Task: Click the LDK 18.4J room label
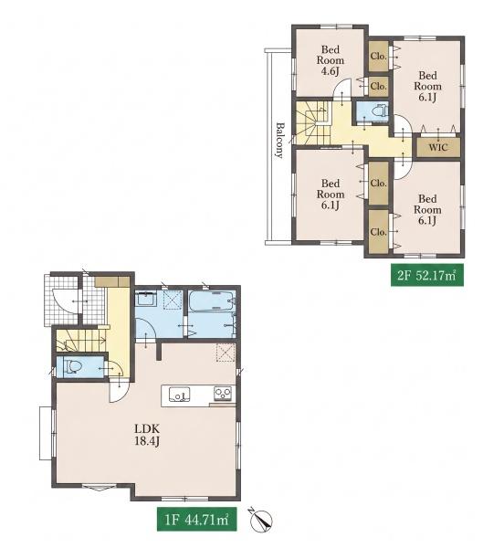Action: click(x=147, y=435)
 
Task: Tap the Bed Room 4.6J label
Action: click(x=331, y=60)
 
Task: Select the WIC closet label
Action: click(x=438, y=147)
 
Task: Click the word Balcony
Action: click(x=279, y=140)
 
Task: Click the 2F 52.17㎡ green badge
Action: click(x=427, y=276)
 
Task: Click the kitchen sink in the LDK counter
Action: click(x=180, y=395)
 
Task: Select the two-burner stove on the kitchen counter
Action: click(x=223, y=394)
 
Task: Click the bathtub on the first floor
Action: click(x=211, y=300)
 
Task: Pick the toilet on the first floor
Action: click(x=73, y=366)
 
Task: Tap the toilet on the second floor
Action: click(x=380, y=111)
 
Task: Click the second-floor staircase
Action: click(x=313, y=122)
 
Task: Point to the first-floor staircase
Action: click(x=81, y=341)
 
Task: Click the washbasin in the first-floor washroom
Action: click(x=146, y=300)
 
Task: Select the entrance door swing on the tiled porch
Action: click(x=65, y=300)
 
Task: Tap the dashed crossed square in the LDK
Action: click(x=225, y=353)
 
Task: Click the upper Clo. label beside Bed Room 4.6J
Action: click(x=379, y=56)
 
